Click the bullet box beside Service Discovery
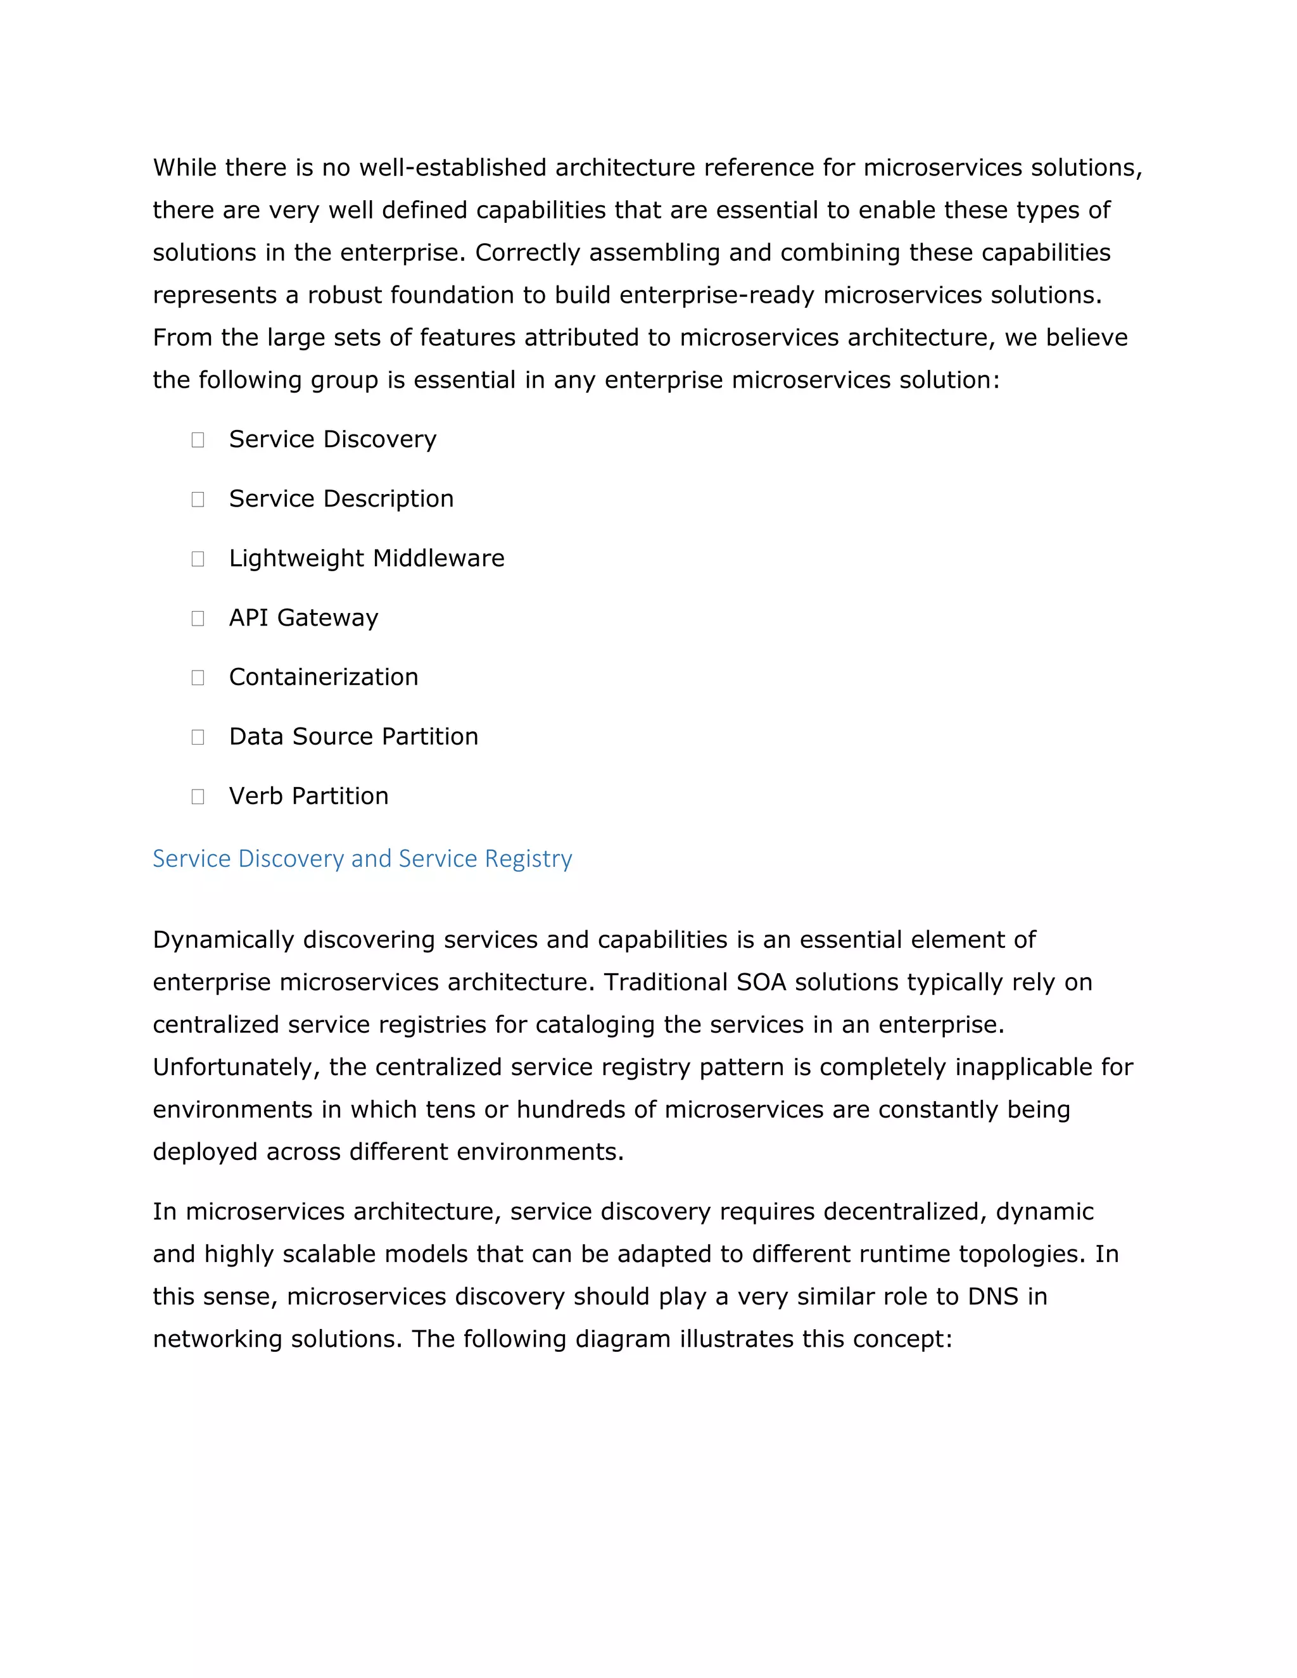pyautogui.click(x=198, y=439)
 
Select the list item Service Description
pyautogui.click(x=341, y=498)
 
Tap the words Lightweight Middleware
pyautogui.click(x=367, y=558)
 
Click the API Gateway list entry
pyautogui.click(x=303, y=618)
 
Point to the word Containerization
pyautogui.click(x=324, y=677)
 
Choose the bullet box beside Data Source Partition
pyautogui.click(x=198, y=737)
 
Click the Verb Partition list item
pyautogui.click(x=309, y=796)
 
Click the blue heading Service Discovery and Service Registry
pyautogui.click(x=362, y=858)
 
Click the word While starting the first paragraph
pyautogui.click(x=184, y=168)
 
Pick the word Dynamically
pyautogui.click(x=224, y=940)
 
